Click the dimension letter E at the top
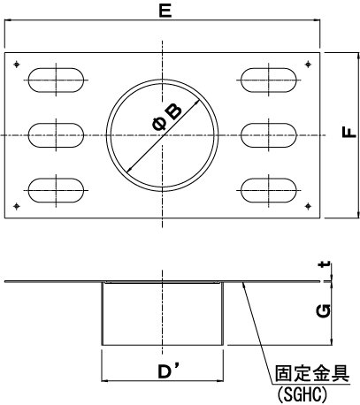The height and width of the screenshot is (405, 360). point(165,11)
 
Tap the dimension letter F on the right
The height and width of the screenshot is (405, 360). point(349,133)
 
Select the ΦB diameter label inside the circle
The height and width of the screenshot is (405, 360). point(167,118)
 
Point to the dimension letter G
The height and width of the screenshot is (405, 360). point(323,311)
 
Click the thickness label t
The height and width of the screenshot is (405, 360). point(326,265)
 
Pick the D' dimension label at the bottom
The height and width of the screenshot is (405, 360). point(168,371)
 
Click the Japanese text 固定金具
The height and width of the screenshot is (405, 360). point(312,373)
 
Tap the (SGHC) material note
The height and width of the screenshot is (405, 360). point(303,394)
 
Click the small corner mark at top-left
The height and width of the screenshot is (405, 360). point(17,64)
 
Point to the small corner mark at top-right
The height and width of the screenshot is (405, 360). point(308,64)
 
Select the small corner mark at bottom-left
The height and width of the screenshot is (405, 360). point(17,206)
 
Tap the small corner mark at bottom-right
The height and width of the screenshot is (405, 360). point(308,206)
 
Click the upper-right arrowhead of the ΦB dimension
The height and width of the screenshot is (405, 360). point(197,101)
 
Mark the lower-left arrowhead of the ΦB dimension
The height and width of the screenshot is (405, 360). point(128,170)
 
